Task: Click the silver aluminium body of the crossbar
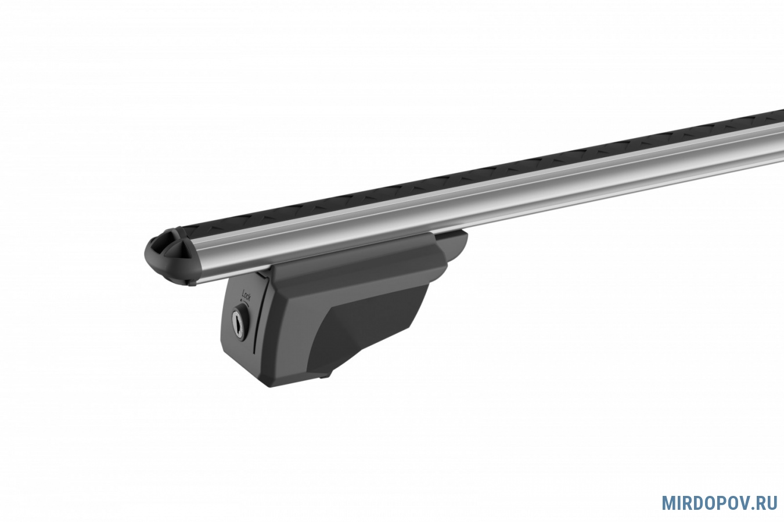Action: pyautogui.click(x=490, y=196)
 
